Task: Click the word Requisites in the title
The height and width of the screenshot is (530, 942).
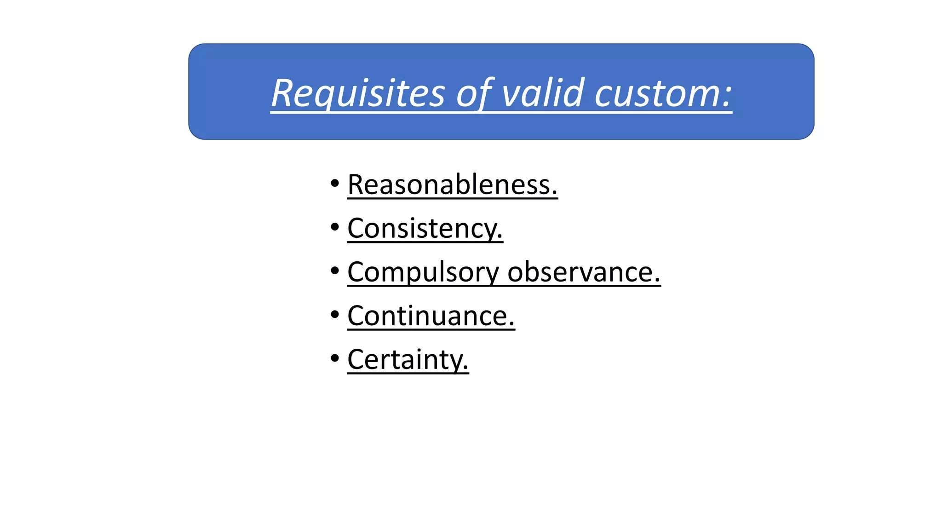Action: [358, 93]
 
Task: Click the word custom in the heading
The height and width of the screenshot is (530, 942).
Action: [656, 93]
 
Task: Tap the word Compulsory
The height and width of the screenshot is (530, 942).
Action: [423, 272]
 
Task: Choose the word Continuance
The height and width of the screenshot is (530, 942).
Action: [427, 316]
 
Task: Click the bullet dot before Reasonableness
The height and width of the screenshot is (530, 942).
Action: [335, 184]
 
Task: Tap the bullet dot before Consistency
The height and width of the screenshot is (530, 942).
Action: [335, 227]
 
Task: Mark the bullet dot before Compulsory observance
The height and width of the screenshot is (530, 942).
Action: [335, 271]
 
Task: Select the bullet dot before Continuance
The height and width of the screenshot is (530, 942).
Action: [335, 315]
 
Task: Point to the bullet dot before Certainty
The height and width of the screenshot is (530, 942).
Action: [335, 358]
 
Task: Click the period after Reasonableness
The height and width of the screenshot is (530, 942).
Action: [554, 194]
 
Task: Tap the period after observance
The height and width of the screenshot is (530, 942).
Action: [657, 281]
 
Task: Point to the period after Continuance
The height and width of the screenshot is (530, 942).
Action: [511, 325]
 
